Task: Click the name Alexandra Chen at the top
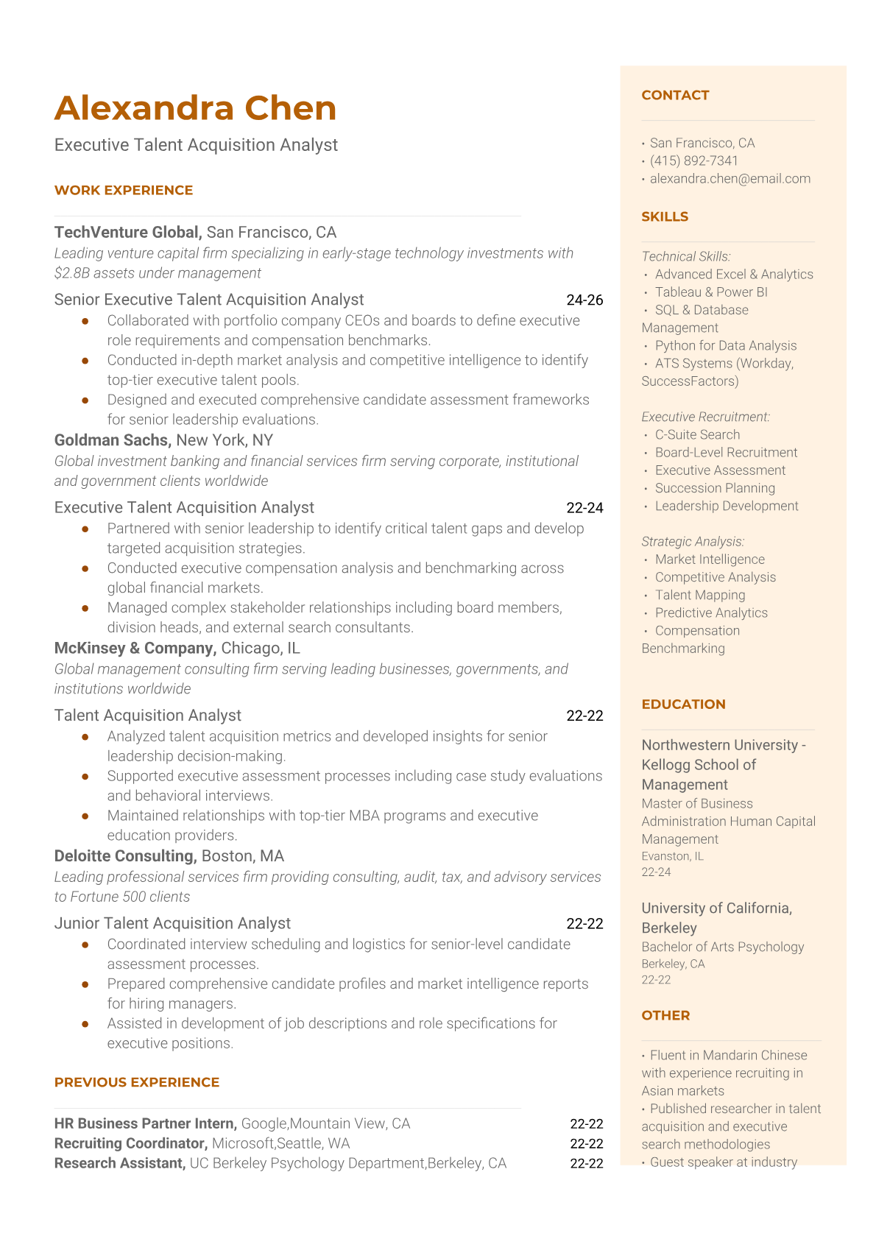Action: click(x=195, y=108)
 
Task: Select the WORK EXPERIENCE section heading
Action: click(x=124, y=190)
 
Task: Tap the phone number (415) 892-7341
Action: click(x=693, y=160)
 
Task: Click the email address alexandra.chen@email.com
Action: click(x=730, y=178)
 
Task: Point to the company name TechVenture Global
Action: click(x=127, y=233)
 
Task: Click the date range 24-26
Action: click(x=584, y=300)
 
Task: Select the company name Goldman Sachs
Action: click(x=113, y=440)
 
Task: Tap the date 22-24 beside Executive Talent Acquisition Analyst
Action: click(x=584, y=507)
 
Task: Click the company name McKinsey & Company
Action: click(x=135, y=648)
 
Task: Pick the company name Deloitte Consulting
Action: click(x=124, y=856)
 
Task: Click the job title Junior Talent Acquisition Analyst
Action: click(x=172, y=923)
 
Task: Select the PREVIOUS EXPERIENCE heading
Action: click(x=137, y=1082)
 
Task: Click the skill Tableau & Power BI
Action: click(x=711, y=292)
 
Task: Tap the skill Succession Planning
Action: click(x=715, y=488)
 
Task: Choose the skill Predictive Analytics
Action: click(x=711, y=613)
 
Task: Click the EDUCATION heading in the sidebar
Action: click(x=683, y=704)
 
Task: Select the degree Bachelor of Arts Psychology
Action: click(x=722, y=947)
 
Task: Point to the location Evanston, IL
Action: click(x=672, y=856)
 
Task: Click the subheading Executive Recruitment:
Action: click(x=705, y=417)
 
